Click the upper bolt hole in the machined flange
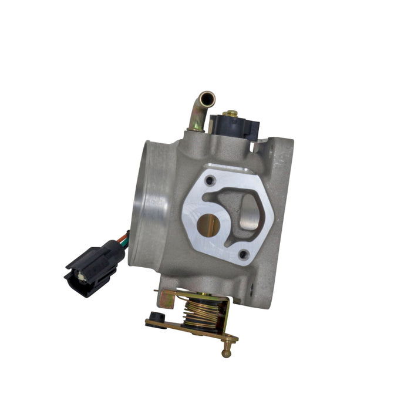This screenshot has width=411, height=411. (x=210, y=180)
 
